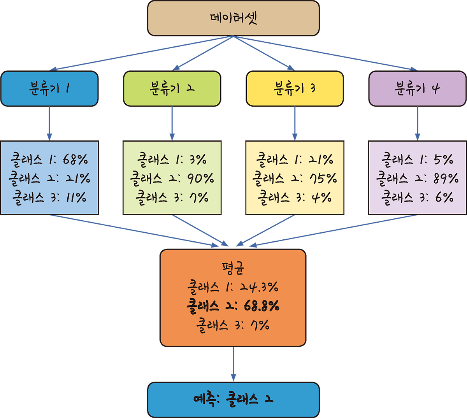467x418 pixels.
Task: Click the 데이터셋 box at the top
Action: point(233,18)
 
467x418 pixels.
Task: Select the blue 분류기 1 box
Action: point(49,89)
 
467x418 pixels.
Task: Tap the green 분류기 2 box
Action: point(172,89)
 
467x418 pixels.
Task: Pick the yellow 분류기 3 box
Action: point(295,89)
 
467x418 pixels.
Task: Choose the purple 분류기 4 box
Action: point(417,89)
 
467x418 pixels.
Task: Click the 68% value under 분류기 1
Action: point(75,159)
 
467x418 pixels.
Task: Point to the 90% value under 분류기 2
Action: point(200,178)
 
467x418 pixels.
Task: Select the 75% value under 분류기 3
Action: point(323,178)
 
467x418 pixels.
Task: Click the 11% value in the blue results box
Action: point(75,197)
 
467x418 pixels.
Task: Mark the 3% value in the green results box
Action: point(198,159)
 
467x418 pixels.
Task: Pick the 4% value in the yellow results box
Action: point(321,197)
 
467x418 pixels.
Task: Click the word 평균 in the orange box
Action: point(233,268)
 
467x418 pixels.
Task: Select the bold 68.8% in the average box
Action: point(262,306)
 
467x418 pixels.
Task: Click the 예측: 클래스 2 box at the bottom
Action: point(233,400)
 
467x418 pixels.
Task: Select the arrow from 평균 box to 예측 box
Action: point(233,364)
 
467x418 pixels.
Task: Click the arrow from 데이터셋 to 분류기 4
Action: point(327,54)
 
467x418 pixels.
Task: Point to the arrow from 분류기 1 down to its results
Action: point(49,123)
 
